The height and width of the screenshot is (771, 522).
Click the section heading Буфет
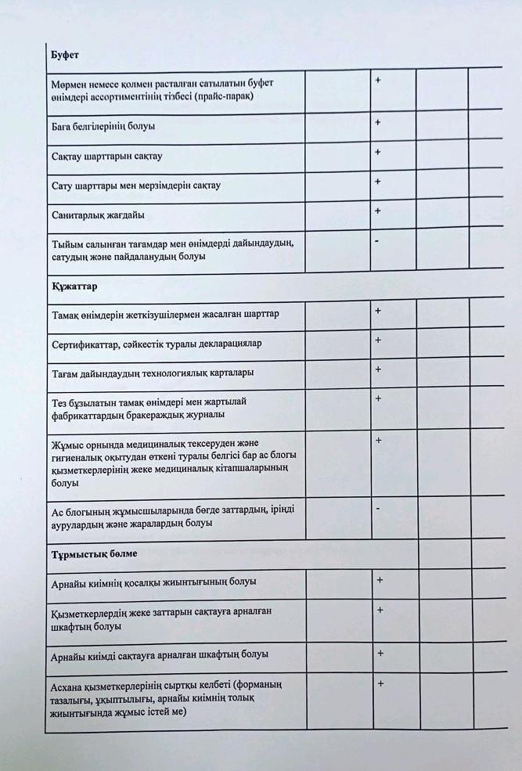point(66,56)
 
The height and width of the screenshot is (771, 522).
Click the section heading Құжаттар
point(74,286)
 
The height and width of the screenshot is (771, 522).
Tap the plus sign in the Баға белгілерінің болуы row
point(377,123)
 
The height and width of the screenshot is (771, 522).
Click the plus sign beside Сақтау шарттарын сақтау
point(377,152)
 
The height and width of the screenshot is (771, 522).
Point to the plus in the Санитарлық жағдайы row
point(377,211)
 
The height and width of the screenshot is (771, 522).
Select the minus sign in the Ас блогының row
point(378,509)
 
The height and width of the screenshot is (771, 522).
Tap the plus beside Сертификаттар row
point(378,340)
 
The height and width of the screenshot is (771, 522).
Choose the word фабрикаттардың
point(87,414)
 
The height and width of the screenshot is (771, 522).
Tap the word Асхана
point(67,685)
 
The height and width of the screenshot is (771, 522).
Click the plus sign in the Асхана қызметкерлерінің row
point(380,684)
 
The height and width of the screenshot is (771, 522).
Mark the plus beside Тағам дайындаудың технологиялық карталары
point(378,369)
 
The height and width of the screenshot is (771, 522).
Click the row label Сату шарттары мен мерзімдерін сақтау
point(135,186)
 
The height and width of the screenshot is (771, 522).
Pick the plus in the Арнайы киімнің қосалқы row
point(380,580)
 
